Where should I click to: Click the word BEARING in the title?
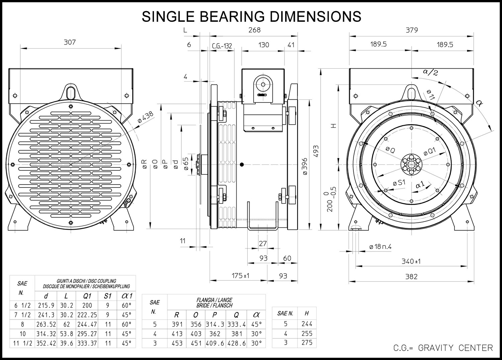pyautogui.click(x=232, y=16)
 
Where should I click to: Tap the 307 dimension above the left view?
pyautogui.click(x=70, y=42)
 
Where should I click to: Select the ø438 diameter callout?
pyautogui.click(x=146, y=117)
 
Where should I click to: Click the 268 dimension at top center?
pyautogui.click(x=255, y=30)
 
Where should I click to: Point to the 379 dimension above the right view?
pyautogui.click(x=412, y=30)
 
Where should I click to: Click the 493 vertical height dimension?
pyautogui.click(x=316, y=151)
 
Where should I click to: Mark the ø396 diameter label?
pyautogui.click(x=305, y=166)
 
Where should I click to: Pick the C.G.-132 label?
pyautogui.click(x=222, y=46)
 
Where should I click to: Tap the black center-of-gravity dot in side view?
pyautogui.click(x=242, y=165)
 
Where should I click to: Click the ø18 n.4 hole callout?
pyautogui.click(x=380, y=247)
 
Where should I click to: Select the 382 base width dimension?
pyautogui.click(x=411, y=277)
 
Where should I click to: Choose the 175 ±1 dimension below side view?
pyautogui.click(x=241, y=275)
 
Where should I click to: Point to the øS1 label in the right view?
pyautogui.click(x=399, y=183)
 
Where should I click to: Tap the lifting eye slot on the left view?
pyautogui.click(x=71, y=92)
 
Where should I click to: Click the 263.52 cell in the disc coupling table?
pyautogui.click(x=46, y=325)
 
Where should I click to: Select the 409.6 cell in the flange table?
pyautogui.click(x=215, y=343)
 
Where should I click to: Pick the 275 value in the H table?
pyautogui.click(x=307, y=343)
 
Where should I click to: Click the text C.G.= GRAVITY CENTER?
pyautogui.click(x=443, y=348)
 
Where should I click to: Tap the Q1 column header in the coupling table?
pyautogui.click(x=87, y=296)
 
